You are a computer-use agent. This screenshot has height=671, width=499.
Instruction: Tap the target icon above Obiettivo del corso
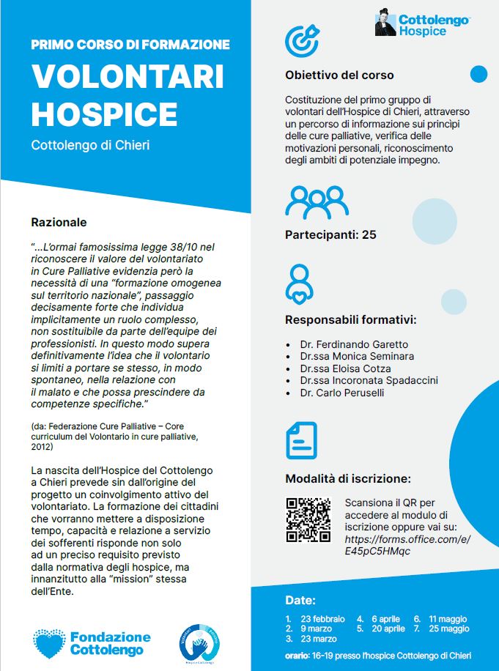tap(302, 42)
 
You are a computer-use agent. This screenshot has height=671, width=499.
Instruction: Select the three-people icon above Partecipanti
tap(317, 202)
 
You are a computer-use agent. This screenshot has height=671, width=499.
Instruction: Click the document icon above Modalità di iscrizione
tap(301, 440)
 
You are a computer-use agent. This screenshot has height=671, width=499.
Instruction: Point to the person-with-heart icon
tap(300, 283)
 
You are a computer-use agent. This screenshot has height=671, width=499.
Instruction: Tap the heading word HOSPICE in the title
tap(104, 114)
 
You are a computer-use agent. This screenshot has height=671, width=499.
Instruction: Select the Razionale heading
tap(59, 221)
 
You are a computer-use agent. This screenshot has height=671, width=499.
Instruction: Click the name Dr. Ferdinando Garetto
tap(354, 344)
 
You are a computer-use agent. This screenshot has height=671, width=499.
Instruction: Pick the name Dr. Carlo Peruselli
tap(341, 393)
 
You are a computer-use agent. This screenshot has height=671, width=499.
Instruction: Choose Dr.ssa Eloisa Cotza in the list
tap(345, 368)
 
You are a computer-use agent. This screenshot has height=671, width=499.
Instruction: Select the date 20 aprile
tap(388, 629)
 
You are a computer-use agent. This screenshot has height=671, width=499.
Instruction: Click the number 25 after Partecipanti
tap(369, 235)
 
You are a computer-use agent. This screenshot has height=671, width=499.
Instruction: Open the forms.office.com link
tap(407, 545)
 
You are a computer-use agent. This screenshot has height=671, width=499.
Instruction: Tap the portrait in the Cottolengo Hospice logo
tap(385, 23)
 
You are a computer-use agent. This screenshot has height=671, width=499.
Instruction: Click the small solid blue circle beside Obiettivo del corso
tap(478, 74)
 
